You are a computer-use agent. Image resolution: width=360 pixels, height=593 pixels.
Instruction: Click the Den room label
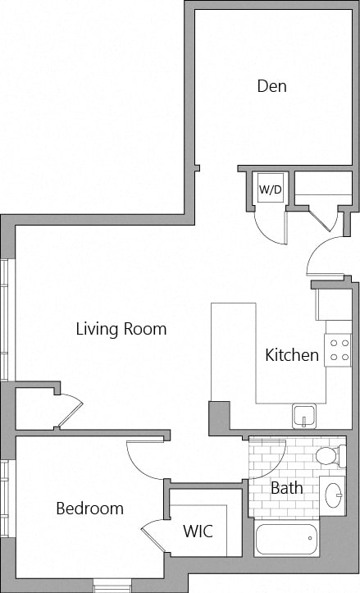271,85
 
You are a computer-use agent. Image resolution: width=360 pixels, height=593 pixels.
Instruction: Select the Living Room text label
121,329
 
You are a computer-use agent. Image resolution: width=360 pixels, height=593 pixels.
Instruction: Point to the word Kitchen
292,355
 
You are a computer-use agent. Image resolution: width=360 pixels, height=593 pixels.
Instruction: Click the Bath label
286,488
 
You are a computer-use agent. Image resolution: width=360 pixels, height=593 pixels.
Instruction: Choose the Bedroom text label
89,509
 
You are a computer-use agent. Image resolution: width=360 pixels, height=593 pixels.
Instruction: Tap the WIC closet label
198,531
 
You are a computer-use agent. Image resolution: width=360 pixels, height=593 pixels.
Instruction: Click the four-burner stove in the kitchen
338,350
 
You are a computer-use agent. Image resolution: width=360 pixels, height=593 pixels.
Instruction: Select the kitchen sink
303,416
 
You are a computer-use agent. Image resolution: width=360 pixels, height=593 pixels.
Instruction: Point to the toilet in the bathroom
329,455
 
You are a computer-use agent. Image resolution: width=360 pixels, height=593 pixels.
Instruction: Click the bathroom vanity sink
333,495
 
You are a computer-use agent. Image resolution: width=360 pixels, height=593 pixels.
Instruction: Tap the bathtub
286,541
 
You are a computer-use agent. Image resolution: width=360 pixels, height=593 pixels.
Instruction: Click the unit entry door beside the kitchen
326,258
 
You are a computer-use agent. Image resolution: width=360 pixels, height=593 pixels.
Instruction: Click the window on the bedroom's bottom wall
111,586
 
